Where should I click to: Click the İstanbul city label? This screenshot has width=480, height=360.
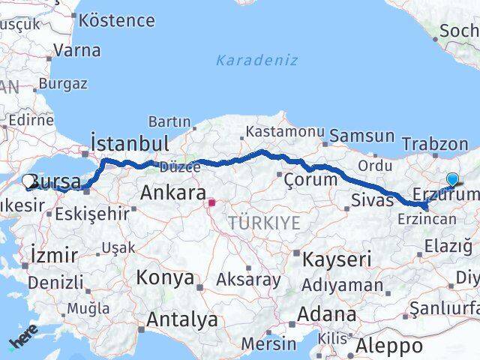129,143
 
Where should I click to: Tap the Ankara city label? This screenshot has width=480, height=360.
172,194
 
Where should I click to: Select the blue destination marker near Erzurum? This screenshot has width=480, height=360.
452,179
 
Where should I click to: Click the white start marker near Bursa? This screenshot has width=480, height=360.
29,181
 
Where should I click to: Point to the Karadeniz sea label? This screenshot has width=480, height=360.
256,61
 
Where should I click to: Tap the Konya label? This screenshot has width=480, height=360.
164,277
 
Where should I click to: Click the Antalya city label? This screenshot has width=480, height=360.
182,320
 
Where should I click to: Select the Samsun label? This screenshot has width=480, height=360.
361,136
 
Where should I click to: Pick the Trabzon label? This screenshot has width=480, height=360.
434,144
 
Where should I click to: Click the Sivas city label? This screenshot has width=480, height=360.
372,200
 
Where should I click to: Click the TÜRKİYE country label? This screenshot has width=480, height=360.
264,223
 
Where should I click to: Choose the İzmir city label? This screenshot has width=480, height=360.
54,255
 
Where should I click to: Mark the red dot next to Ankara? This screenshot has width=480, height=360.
212,202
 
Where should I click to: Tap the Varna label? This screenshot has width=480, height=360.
76,52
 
